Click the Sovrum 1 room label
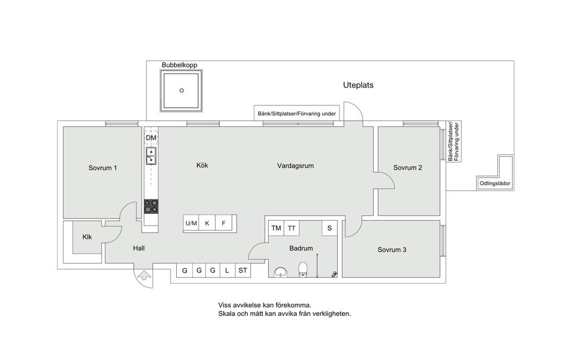pos(103,168)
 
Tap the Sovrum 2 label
pos(408,168)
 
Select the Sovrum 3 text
pos(392,250)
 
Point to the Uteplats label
pos(359,85)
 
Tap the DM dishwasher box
pos(151,138)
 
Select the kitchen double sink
pos(151,156)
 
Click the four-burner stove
pos(151,206)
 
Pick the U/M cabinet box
pos(191,223)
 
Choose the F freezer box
pos(224,223)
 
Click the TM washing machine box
pos(276,228)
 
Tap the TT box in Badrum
pos(291,228)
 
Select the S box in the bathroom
pos(330,228)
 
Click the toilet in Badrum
pos(303,269)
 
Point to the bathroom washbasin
pos(280,272)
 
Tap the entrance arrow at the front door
pos(144,275)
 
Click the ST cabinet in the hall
pos(243,270)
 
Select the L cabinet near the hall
pos(228,270)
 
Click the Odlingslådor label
pos(495,183)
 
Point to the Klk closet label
pos(87,237)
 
